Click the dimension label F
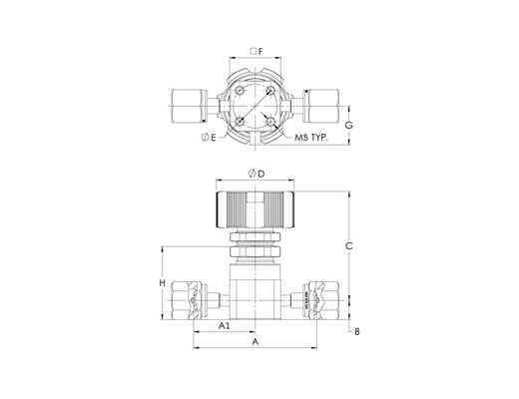[260, 51]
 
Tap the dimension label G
[348, 126]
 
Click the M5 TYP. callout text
[311, 138]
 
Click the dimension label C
[349, 246]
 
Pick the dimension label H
[162, 283]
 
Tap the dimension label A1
[225, 325]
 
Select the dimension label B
[357, 331]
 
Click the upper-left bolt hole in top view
[240, 91]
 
